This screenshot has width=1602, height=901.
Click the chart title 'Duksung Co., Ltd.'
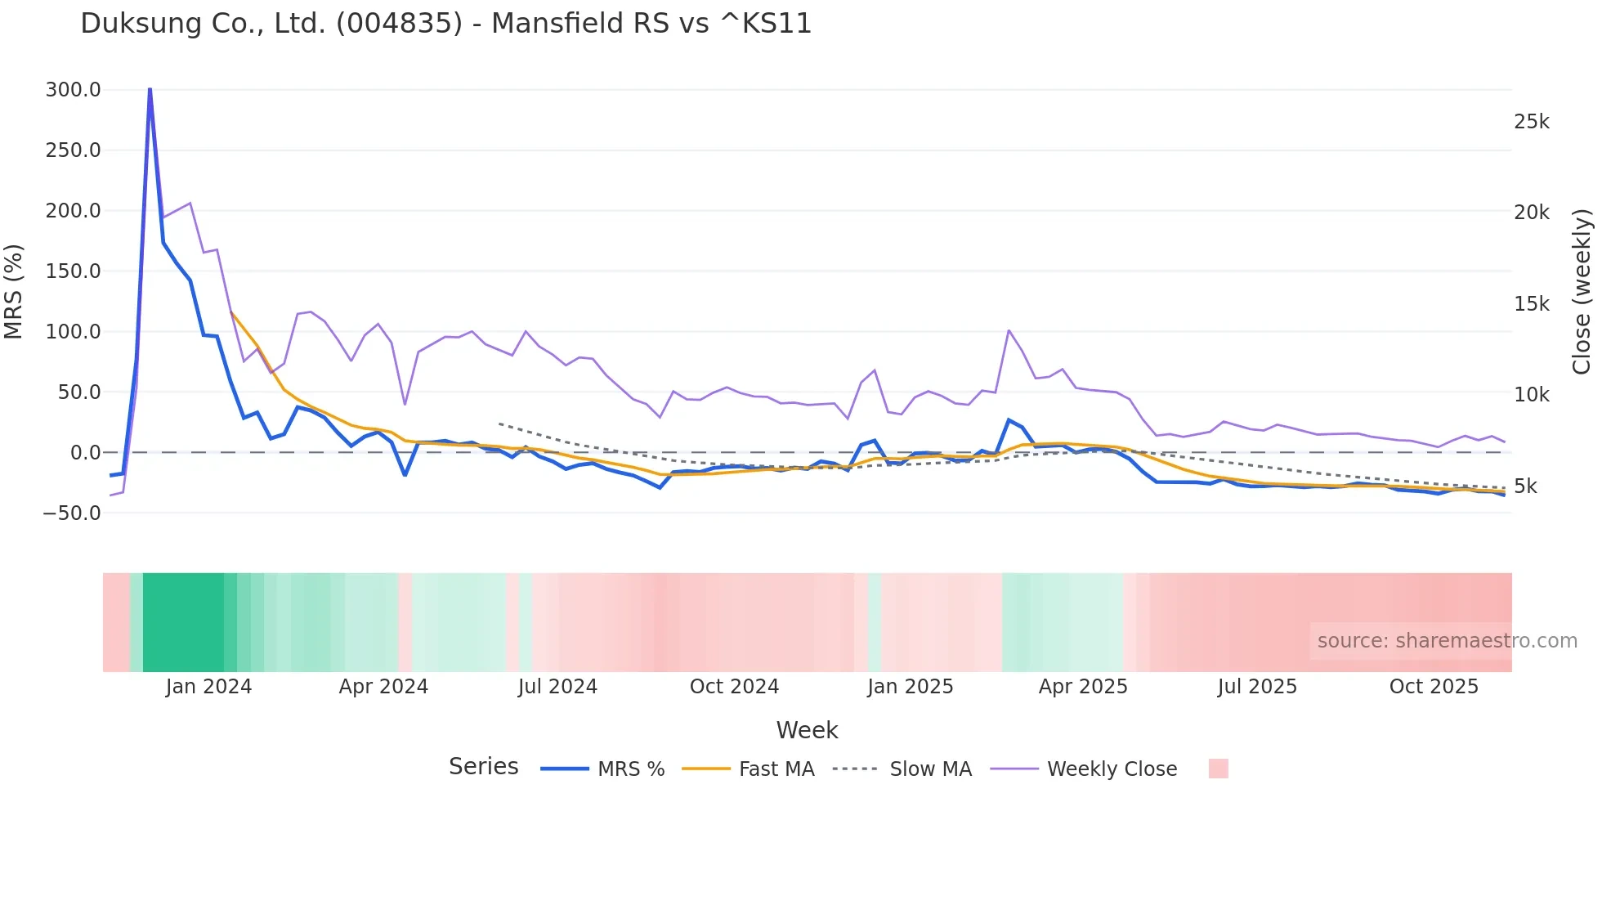445,23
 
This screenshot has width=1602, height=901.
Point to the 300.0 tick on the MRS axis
74,90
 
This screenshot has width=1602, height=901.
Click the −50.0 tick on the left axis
72,513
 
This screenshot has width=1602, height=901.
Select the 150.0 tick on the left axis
74,271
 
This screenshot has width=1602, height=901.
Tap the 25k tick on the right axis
1531,122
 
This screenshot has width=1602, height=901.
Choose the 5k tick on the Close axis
1525,486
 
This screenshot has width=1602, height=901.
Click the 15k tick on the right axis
1531,304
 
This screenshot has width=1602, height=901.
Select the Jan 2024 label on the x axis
208,687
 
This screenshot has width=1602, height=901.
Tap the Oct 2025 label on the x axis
1434,687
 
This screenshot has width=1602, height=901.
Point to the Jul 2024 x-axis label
557,687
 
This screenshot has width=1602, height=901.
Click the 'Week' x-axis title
807,730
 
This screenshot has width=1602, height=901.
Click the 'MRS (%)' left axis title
14,292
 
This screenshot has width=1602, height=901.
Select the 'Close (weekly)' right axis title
1582,292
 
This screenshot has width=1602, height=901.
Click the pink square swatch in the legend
1218,769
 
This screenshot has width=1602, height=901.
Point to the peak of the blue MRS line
150,88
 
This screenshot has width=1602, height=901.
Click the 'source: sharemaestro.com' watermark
1447,641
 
